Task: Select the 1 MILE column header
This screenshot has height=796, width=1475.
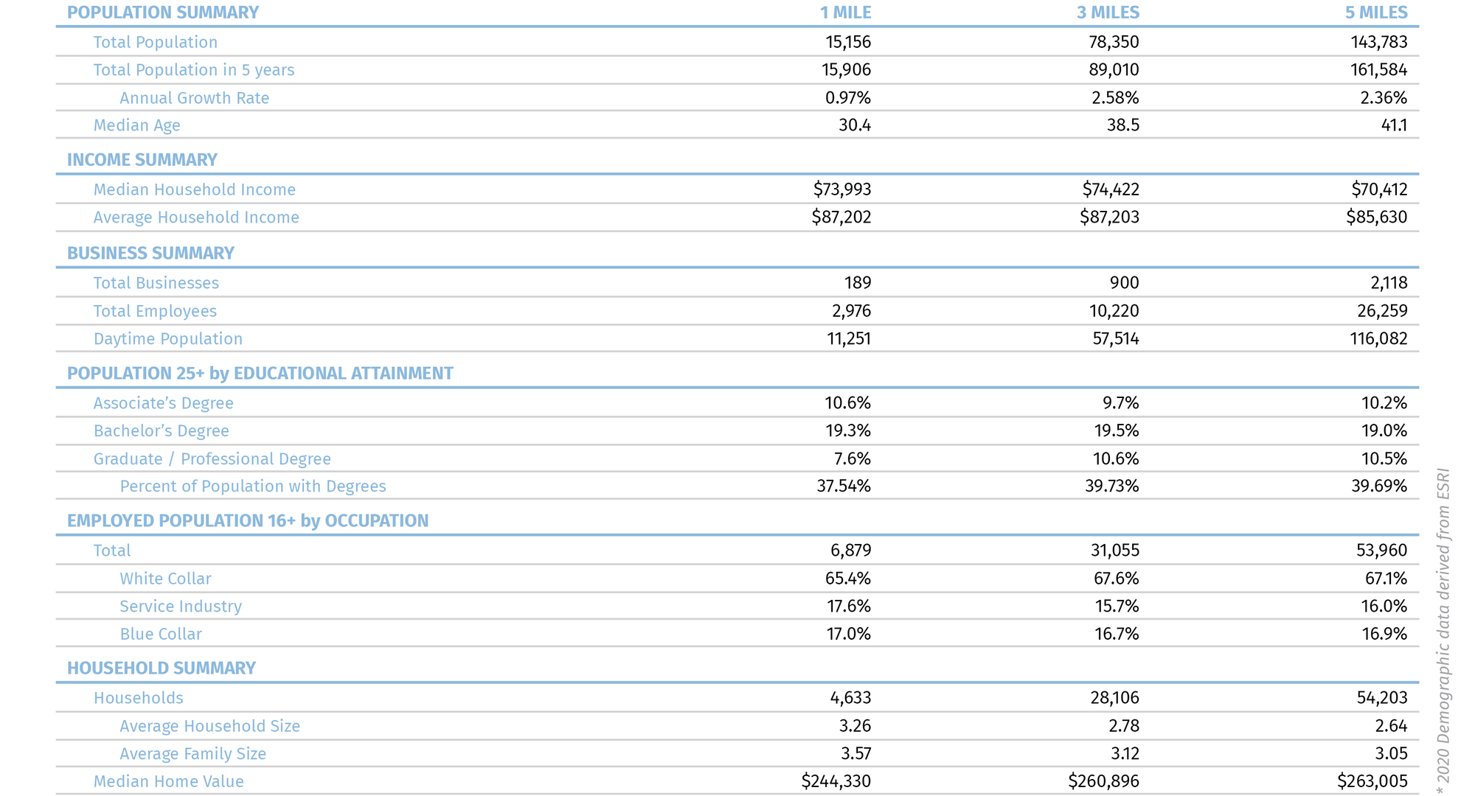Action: click(x=845, y=13)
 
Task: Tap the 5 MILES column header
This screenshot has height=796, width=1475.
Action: click(x=1376, y=13)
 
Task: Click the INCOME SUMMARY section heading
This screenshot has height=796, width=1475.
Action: click(x=142, y=160)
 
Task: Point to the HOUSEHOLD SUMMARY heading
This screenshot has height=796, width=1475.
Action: click(x=161, y=668)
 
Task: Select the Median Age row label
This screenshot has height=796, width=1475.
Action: click(x=136, y=125)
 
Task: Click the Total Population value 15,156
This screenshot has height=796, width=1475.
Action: click(x=847, y=42)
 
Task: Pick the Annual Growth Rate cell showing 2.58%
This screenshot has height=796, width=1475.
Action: click(x=1115, y=97)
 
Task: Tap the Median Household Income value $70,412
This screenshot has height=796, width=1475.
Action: click(x=1379, y=189)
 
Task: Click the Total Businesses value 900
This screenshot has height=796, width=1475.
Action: click(x=1124, y=283)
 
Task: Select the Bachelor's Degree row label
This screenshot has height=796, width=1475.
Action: click(x=161, y=431)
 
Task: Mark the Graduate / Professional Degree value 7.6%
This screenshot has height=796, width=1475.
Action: click(x=852, y=458)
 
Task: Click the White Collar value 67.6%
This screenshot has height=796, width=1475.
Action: click(x=1116, y=579)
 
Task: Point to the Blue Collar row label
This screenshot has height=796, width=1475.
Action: click(x=160, y=634)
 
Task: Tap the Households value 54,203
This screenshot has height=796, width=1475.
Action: click(x=1381, y=698)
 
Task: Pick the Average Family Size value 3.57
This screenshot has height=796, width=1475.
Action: click(x=855, y=753)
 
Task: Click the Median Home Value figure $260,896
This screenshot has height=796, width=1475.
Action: click(x=1103, y=781)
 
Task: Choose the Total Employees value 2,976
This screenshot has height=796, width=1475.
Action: click(x=851, y=311)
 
